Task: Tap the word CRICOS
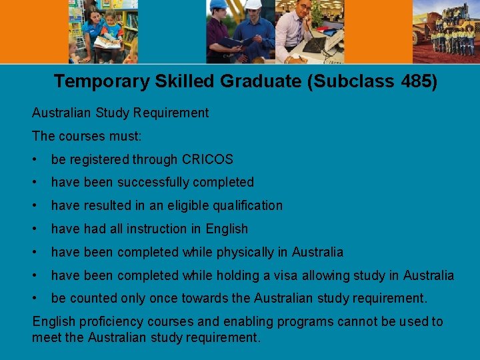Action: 208,159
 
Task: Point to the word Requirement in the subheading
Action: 172,113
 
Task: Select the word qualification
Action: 243,205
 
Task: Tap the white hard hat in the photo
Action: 253,4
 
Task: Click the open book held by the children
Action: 107,42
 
